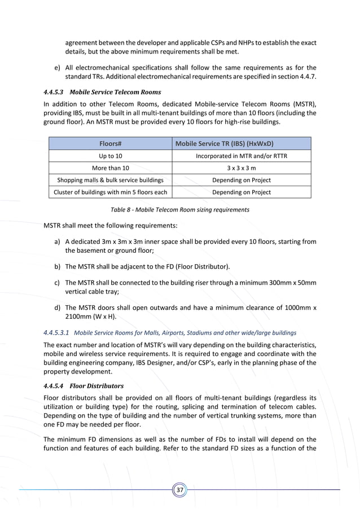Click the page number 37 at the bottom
pyautogui.click(x=179, y=490)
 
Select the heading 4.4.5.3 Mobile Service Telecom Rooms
pyautogui.click(x=102, y=92)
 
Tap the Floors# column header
pyautogui.click(x=111, y=143)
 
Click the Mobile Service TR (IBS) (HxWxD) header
pyautogui.click(x=241, y=143)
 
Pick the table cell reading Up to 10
pyautogui.click(x=111, y=156)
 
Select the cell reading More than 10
pyautogui.click(x=111, y=168)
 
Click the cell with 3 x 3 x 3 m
pyautogui.click(x=241, y=168)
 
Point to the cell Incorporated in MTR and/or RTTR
pyautogui.click(x=241, y=156)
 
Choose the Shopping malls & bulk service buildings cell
pyautogui.click(x=111, y=180)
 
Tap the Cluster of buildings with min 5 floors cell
pyautogui.click(x=111, y=192)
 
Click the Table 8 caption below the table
pyautogui.click(x=179, y=210)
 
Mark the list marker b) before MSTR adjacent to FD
pyautogui.click(x=58, y=266)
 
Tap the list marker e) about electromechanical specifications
pyautogui.click(x=58, y=68)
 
